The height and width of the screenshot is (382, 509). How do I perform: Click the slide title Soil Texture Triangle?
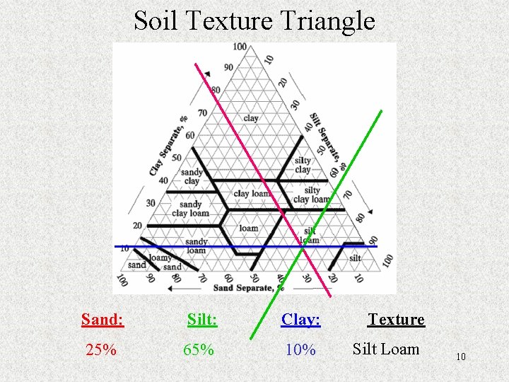(x=254, y=21)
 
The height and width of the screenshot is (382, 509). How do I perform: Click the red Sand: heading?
(x=103, y=320)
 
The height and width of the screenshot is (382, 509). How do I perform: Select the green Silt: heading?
(x=202, y=320)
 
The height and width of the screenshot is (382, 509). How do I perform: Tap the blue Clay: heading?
(x=300, y=320)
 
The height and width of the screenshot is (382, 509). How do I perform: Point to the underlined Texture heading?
(x=396, y=320)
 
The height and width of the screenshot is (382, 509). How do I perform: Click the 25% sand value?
(x=101, y=349)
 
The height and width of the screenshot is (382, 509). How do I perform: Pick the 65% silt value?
(x=199, y=349)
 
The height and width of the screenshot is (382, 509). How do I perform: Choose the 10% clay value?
(x=300, y=349)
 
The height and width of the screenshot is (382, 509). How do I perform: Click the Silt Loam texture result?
(x=386, y=349)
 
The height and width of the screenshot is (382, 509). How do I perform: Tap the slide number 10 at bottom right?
(x=460, y=357)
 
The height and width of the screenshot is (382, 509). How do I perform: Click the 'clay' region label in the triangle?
(x=251, y=118)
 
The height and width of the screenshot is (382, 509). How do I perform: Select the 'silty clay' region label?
(x=303, y=165)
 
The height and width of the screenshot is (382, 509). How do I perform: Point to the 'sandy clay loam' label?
(x=190, y=209)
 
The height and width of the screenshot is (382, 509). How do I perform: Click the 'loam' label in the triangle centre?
(x=249, y=228)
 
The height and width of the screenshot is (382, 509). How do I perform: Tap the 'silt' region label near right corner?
(x=355, y=258)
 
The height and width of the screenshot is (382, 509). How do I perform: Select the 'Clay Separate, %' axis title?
(x=170, y=146)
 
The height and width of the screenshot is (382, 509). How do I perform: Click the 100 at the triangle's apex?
(x=240, y=47)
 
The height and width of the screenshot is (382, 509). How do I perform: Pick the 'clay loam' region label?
(x=251, y=193)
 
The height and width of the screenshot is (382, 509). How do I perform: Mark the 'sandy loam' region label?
(x=196, y=245)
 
